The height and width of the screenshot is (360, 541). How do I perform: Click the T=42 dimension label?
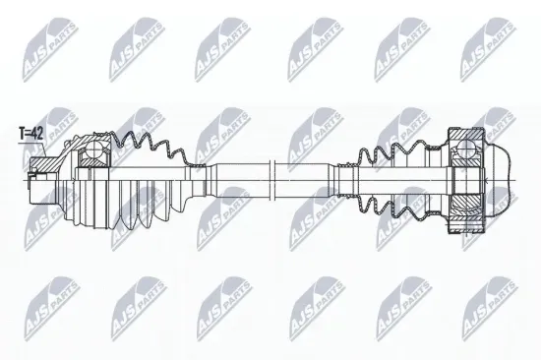click(x=30, y=130)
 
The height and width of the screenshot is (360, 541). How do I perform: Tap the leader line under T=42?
click(x=30, y=143)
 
